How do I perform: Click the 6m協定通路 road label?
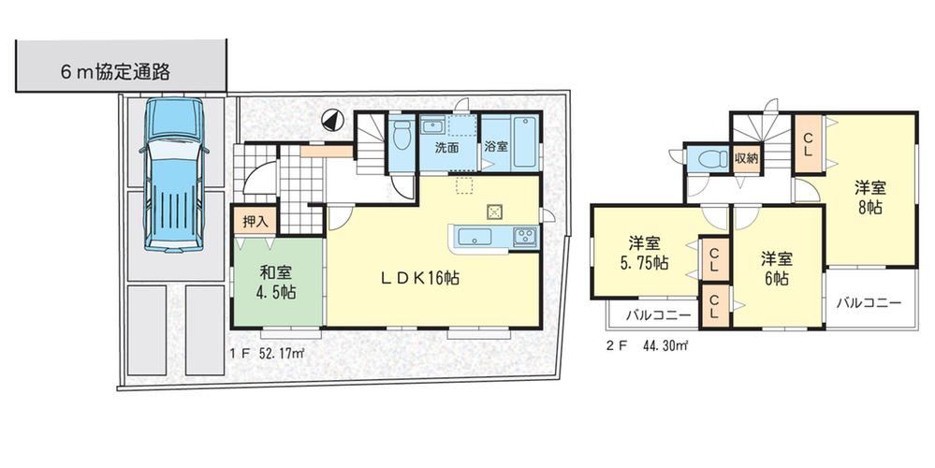click(115, 71)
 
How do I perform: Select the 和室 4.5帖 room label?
click(277, 282)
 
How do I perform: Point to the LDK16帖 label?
click(420, 277)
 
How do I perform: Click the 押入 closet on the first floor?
click(255, 222)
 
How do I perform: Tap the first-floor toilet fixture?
click(403, 134)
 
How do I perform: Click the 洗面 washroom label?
click(446, 147)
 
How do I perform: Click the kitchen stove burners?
click(525, 236)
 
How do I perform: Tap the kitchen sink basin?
click(475, 236)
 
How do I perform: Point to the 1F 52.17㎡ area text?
click(267, 353)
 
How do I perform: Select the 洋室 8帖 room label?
click(870, 197)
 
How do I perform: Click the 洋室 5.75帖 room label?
click(644, 253)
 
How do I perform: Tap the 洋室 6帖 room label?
click(776, 269)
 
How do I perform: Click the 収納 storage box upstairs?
click(746, 159)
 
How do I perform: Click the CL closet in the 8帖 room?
click(808, 145)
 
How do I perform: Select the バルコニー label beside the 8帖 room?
click(869, 303)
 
